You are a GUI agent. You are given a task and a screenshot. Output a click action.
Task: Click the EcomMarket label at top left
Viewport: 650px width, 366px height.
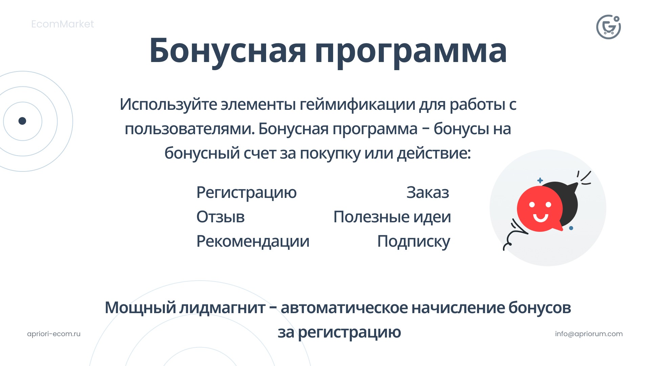(x=62, y=24)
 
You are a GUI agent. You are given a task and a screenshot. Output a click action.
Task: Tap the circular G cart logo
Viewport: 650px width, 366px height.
(x=608, y=27)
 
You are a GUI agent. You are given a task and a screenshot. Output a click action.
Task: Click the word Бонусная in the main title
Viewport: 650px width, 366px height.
(x=227, y=51)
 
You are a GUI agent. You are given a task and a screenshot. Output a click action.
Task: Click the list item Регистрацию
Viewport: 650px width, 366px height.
(x=246, y=192)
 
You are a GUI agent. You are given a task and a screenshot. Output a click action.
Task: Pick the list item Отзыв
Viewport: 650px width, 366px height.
(x=220, y=217)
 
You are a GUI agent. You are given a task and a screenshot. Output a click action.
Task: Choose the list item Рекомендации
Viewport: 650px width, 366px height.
(x=253, y=241)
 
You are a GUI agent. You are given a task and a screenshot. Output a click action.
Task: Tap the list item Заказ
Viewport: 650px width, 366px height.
(x=427, y=192)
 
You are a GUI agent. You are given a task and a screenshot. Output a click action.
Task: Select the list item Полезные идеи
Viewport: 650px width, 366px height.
(x=392, y=217)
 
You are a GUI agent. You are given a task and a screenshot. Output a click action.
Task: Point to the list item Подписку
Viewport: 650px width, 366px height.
(x=413, y=241)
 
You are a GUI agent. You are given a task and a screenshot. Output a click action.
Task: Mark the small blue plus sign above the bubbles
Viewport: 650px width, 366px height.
(x=540, y=180)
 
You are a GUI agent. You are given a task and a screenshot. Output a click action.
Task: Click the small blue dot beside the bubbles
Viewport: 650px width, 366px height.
(x=571, y=228)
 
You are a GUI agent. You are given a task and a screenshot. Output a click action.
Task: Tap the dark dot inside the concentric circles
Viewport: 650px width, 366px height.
(x=22, y=121)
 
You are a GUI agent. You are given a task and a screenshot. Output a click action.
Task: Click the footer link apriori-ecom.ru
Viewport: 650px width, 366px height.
(x=54, y=334)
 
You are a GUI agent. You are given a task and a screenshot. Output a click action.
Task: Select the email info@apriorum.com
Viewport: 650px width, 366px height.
(x=588, y=334)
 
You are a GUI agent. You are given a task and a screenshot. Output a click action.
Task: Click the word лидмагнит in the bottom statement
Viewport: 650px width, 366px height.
(x=222, y=308)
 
